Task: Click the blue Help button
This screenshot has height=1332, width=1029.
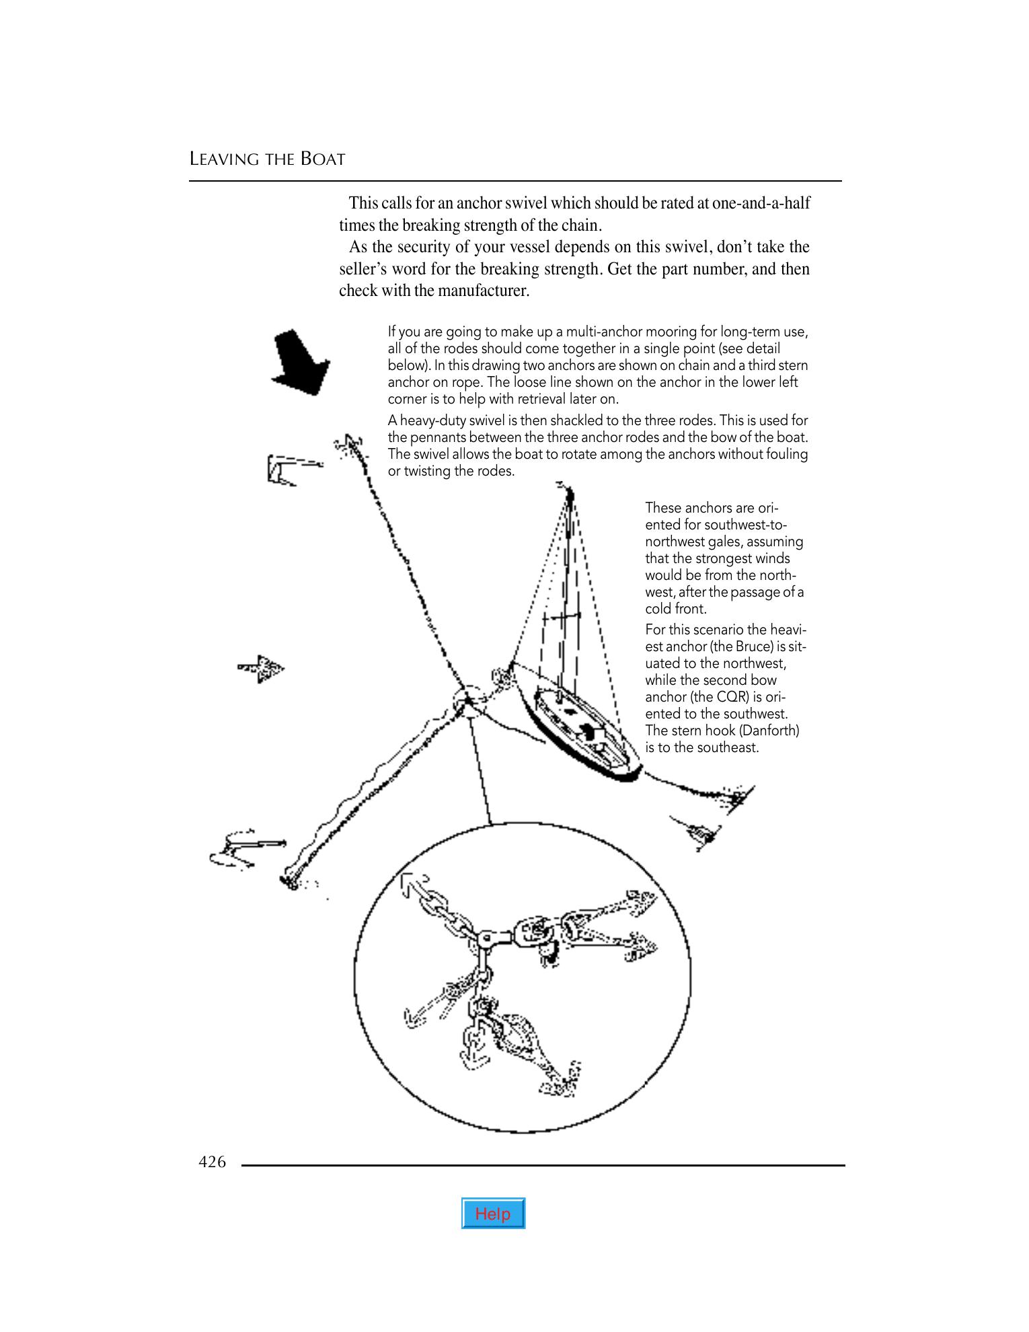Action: (493, 1214)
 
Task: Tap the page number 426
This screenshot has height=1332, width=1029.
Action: (212, 1162)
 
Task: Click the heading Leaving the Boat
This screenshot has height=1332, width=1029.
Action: (267, 159)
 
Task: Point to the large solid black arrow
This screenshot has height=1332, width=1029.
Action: (301, 361)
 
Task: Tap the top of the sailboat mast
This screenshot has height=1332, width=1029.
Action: (570, 494)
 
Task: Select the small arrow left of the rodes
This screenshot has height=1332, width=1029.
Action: (262, 668)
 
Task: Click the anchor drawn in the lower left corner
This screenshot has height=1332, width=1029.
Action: (242, 849)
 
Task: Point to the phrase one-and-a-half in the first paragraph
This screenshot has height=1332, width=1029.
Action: (761, 202)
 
